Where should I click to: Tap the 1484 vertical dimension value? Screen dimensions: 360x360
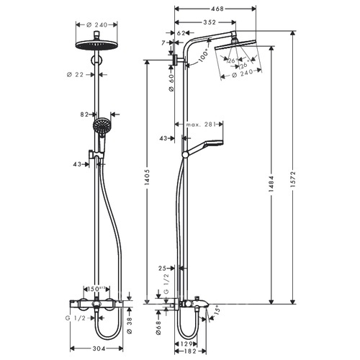271,184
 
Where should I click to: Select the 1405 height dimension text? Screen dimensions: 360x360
147,178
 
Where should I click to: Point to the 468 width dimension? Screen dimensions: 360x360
217,9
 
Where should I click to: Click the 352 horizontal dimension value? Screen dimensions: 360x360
210,22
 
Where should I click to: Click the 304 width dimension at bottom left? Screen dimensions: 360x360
99,348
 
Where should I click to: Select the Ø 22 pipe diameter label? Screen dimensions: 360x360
75,75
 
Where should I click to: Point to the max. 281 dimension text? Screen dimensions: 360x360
200,125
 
